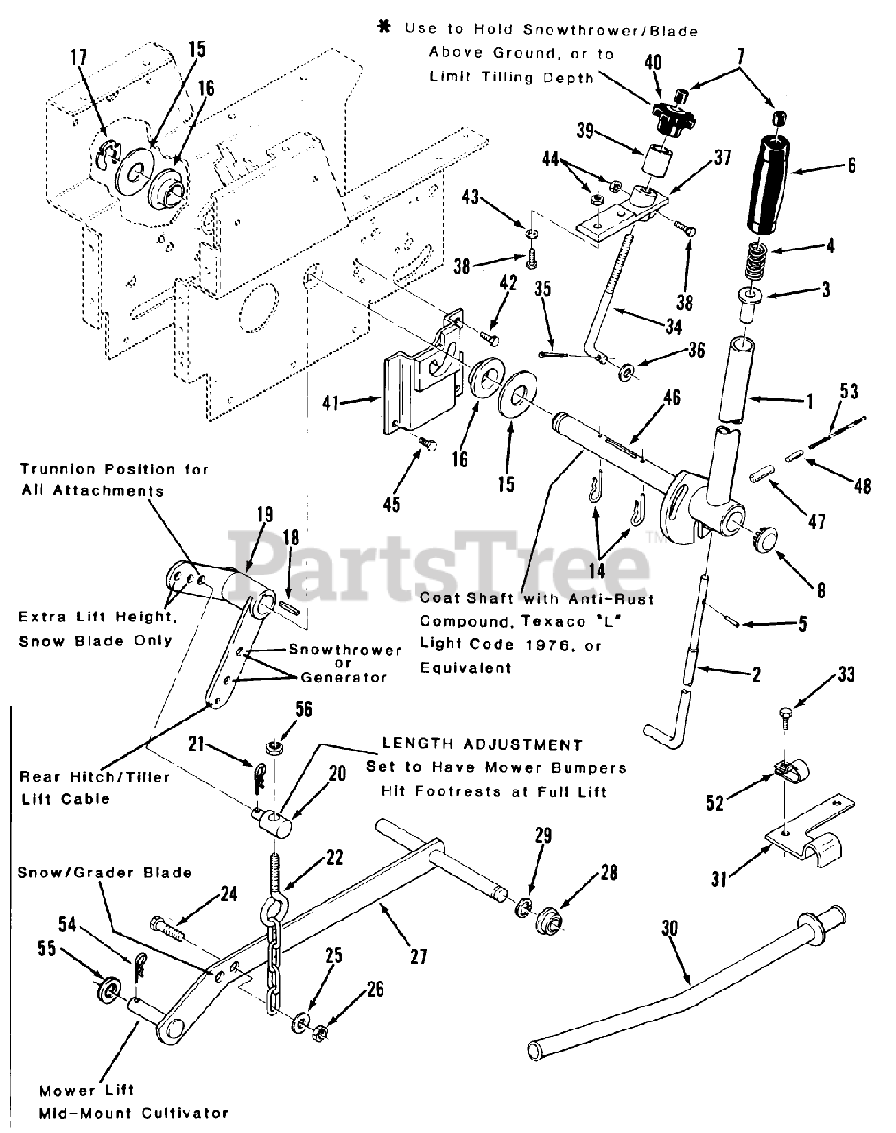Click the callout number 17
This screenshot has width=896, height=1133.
[x=79, y=57]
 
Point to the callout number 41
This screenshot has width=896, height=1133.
[x=331, y=404]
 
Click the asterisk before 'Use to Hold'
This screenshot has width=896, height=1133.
[x=384, y=27]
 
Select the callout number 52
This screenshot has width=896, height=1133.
[x=714, y=804]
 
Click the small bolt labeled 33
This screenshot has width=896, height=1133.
[x=785, y=717]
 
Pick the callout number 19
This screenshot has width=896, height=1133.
[x=265, y=514]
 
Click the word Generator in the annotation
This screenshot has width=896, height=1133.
[x=344, y=677]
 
